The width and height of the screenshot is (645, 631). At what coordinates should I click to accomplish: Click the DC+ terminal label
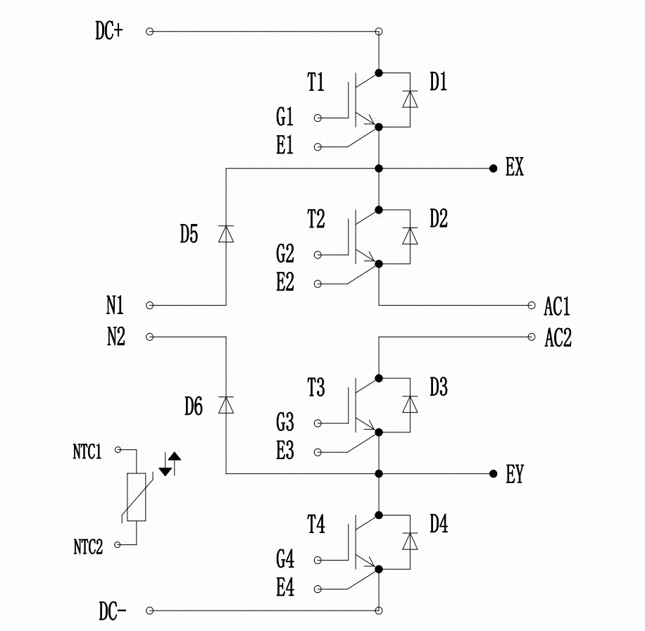click(109, 32)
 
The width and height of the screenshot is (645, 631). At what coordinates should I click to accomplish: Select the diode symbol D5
click(226, 234)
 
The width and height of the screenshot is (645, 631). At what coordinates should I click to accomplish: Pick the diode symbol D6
click(226, 405)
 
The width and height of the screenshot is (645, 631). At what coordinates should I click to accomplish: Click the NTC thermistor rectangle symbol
click(136, 497)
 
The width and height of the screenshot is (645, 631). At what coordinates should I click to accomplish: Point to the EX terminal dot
click(493, 169)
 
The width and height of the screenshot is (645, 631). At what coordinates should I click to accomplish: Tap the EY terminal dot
click(493, 474)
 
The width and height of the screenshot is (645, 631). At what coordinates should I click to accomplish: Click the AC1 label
click(557, 307)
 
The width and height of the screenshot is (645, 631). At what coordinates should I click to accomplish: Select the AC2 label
click(558, 338)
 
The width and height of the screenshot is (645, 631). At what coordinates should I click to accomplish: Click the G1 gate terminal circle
click(317, 117)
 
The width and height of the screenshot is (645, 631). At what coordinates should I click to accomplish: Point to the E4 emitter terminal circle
click(317, 589)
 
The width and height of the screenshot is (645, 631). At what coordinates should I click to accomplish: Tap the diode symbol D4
click(409, 542)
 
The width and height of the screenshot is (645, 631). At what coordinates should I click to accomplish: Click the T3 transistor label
click(316, 388)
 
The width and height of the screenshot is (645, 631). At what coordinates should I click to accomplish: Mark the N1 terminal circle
click(149, 306)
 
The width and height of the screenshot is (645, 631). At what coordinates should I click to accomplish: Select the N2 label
click(115, 338)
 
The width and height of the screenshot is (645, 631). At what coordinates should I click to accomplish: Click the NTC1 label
click(87, 451)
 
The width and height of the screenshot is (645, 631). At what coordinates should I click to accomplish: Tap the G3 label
click(285, 423)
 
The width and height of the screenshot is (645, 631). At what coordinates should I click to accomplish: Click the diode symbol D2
click(409, 237)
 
